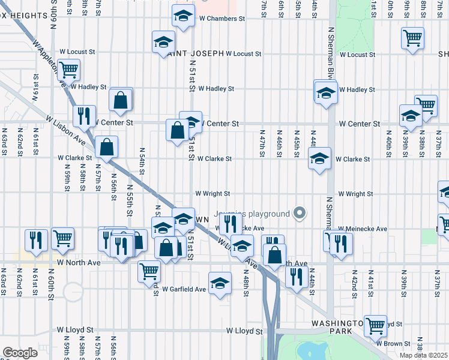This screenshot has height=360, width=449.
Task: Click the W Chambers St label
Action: [x=222, y=19]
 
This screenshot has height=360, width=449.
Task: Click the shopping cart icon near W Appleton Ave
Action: [x=68, y=69]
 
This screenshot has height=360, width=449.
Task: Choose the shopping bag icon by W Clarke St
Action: [x=106, y=146]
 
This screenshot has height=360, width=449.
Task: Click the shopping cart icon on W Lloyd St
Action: [x=375, y=325]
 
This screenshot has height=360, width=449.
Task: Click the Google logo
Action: [x=20, y=353]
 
